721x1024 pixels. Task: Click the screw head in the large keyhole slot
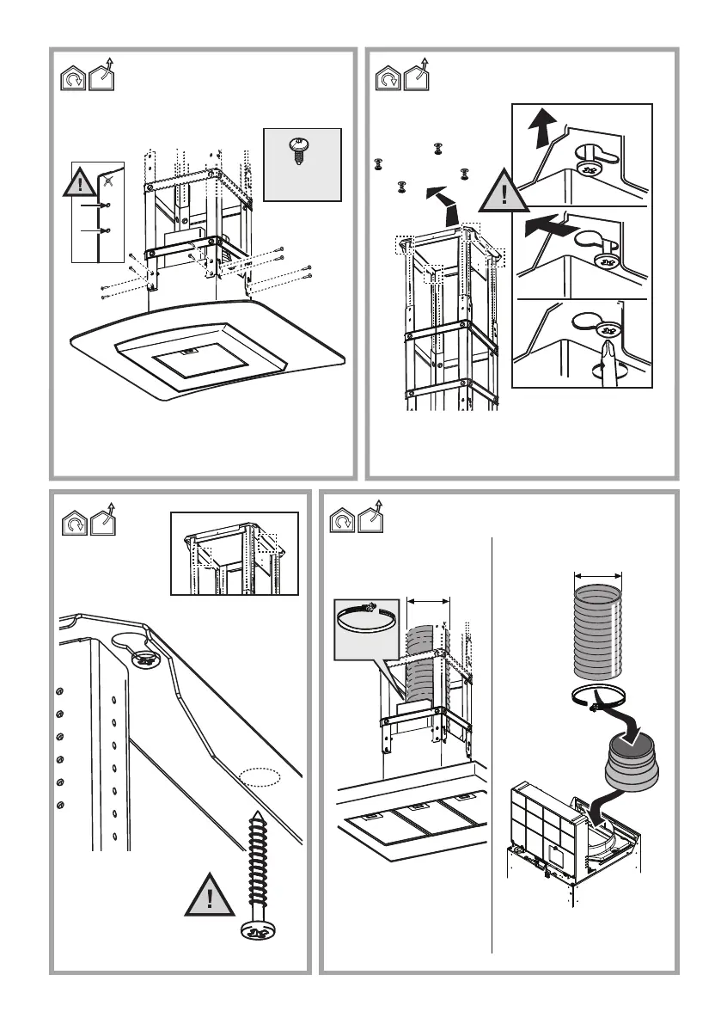pos(144,659)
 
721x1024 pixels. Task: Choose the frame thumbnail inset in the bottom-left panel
pos(235,553)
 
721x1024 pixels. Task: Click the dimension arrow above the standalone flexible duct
pos(597,576)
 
